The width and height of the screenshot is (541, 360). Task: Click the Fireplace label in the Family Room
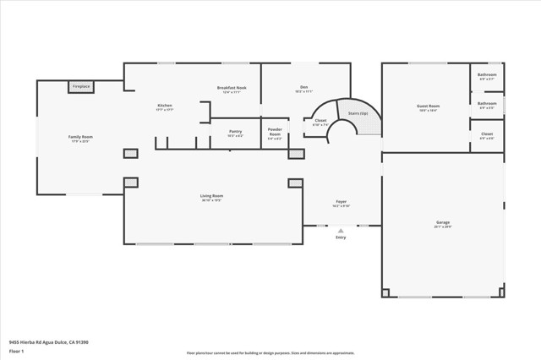tap(81, 86)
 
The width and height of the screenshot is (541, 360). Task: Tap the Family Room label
tap(80, 136)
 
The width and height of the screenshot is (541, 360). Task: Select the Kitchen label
tap(165, 106)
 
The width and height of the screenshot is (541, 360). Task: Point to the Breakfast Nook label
tap(231, 88)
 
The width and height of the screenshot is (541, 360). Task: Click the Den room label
tap(303, 87)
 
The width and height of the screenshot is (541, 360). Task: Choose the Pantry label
tap(235, 131)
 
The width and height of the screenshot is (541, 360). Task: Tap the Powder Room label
tap(275, 132)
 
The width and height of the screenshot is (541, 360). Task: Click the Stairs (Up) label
tap(358, 113)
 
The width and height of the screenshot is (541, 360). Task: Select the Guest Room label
tap(427, 106)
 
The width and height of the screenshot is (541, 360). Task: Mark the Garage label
tap(443, 222)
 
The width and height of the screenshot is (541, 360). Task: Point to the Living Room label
tap(211, 196)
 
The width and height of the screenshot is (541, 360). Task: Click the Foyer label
tap(341, 201)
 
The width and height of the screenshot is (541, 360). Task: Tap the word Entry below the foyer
tap(341, 237)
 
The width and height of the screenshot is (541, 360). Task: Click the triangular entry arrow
tap(341, 230)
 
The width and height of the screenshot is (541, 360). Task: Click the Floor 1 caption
tap(16, 350)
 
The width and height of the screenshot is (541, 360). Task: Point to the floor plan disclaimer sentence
tap(270, 353)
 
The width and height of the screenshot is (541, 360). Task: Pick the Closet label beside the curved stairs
tap(320, 121)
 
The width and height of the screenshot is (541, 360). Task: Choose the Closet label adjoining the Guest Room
tap(487, 134)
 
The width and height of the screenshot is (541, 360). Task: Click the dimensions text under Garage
tap(443, 226)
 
